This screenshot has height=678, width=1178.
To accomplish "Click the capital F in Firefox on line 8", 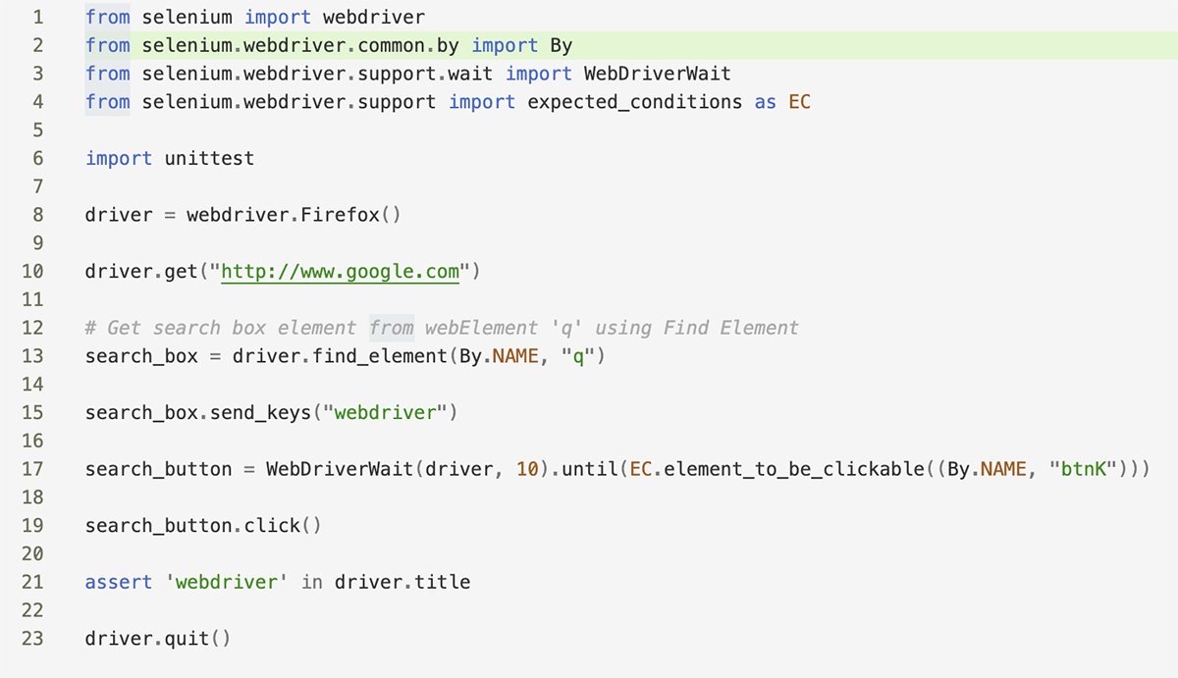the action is tap(306, 215).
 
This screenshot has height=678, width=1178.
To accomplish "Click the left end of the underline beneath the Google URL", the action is tap(222, 284).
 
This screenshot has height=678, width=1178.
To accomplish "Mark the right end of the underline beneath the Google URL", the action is tap(459, 284).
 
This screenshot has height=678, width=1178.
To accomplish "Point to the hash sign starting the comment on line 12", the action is tap(90, 328).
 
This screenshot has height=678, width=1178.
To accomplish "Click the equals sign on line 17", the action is tap(248, 469).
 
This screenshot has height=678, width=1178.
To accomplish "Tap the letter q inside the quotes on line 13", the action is tap(578, 357).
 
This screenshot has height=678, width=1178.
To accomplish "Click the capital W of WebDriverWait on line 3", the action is tap(590, 74).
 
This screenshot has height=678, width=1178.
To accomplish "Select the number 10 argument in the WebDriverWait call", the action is tap(527, 469).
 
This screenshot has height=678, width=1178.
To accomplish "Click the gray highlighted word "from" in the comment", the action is tap(392, 328).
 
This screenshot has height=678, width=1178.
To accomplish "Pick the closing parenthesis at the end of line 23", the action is tap(226, 639).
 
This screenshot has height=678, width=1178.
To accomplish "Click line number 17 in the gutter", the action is tap(32, 469).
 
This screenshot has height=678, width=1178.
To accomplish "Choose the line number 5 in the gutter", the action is tap(38, 130).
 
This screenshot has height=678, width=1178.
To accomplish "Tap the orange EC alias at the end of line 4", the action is tap(799, 102).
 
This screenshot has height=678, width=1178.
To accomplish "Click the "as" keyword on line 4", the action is tap(765, 102).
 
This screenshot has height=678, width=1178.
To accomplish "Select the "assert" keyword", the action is tap(119, 583).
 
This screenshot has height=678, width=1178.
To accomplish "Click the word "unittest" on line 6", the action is tap(209, 158).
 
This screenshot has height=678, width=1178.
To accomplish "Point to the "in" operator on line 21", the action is tap(312, 583).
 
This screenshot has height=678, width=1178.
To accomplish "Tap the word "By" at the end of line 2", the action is tap(562, 46).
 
